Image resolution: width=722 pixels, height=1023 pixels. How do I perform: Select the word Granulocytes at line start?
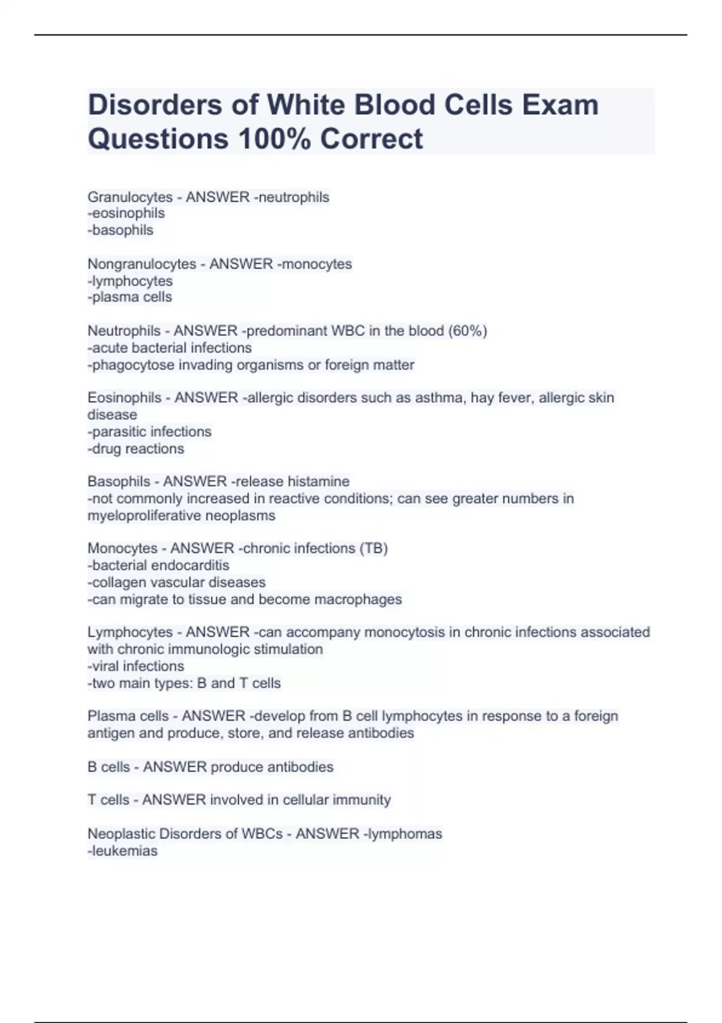coord(130,197)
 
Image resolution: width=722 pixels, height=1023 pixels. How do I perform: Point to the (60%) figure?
coord(467,331)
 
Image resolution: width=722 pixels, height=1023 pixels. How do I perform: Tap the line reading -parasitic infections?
coord(149,431)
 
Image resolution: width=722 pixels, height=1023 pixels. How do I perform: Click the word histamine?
coord(318,481)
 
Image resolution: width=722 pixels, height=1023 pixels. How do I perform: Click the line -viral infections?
coord(136,666)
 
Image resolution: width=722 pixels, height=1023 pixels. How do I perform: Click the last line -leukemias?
coord(123,851)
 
